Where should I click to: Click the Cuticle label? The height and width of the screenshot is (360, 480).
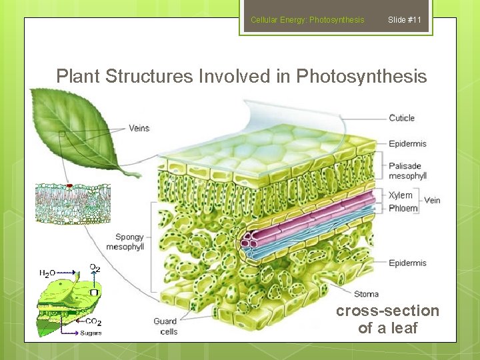coord(402,118)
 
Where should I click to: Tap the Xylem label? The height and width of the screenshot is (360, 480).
coord(401,195)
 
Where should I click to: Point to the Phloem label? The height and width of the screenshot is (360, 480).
coord(403,208)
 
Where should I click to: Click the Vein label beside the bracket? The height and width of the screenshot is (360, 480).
coord(432,200)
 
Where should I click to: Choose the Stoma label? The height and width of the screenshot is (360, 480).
coord(366,294)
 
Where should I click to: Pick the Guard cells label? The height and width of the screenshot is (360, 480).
coord(165,326)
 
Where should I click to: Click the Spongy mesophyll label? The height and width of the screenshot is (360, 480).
coord(129,242)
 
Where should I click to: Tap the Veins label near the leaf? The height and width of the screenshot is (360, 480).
coord(139,128)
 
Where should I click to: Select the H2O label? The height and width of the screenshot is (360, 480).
coord(47,273)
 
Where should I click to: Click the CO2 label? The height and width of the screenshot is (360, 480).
coord(93,321)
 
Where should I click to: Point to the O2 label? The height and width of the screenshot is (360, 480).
coord(95,267)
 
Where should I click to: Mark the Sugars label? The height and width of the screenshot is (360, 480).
coord(91,333)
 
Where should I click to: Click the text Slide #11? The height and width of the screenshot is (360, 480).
coord(405,20)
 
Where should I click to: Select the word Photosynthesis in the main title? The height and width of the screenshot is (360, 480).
coord(361,77)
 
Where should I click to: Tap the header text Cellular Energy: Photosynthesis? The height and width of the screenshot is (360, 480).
coord(307,20)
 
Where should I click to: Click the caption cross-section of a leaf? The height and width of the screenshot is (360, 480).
coord(387,319)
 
